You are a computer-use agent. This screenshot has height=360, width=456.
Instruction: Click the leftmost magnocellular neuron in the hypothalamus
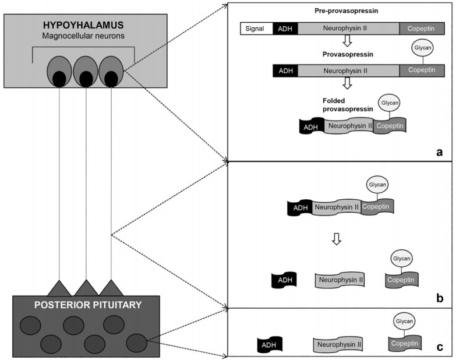click(x=59, y=71)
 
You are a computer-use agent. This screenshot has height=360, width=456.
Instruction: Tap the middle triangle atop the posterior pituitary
click(x=87, y=288)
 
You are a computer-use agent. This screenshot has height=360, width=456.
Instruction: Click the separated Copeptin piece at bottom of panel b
click(x=402, y=280)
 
